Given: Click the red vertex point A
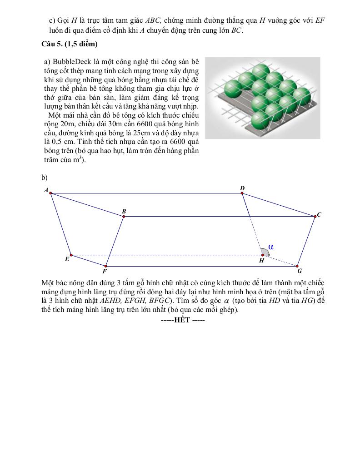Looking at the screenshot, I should [50, 193].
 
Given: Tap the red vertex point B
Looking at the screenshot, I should [124, 217].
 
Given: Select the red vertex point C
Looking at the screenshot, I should [315, 217].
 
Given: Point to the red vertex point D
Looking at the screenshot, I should [242, 193].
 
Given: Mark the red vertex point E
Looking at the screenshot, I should [71, 255].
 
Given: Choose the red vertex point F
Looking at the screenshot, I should [105, 266].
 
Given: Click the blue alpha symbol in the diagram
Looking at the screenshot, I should [271, 247].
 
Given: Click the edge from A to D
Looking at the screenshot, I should [145, 193].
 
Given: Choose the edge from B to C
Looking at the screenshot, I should [218, 217].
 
